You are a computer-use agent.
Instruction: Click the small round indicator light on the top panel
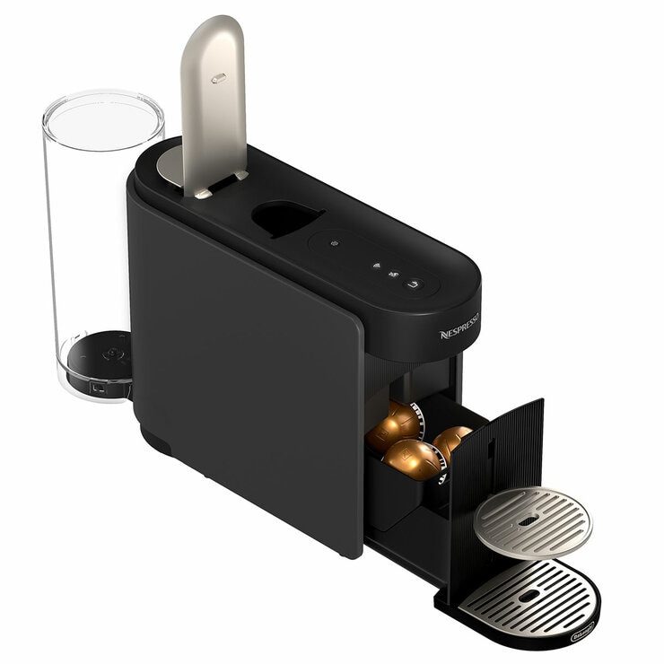point(334,243)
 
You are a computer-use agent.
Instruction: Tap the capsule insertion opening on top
point(285,217)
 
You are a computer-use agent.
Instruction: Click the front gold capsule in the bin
point(413,459)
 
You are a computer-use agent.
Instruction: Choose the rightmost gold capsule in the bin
point(451,441)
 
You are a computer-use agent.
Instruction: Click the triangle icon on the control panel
point(377,265)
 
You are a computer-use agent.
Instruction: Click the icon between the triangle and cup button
point(393,274)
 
